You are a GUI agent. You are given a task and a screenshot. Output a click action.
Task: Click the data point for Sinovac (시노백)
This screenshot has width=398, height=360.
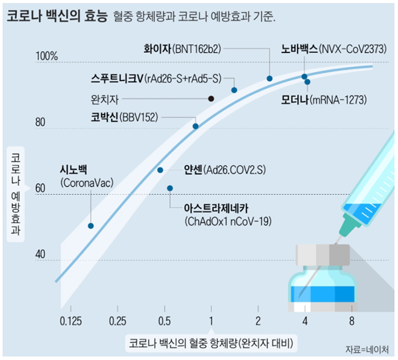(90, 226)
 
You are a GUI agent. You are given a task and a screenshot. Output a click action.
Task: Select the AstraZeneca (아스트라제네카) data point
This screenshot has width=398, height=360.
(170, 188)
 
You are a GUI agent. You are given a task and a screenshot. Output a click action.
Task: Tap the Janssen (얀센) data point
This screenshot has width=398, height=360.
(160, 170)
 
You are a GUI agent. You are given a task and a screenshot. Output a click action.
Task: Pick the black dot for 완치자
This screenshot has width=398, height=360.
(211, 98)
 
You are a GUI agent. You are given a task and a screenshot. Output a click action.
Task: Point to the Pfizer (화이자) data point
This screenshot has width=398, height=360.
(270, 78)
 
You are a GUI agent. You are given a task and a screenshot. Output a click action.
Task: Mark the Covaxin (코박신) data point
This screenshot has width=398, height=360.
(196, 126)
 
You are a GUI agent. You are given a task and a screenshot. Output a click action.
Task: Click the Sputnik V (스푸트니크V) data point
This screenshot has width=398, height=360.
(234, 90)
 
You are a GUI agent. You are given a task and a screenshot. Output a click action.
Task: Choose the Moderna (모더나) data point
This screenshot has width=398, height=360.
(308, 82)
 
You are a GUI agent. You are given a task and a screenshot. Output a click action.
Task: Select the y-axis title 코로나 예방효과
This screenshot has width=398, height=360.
(15, 193)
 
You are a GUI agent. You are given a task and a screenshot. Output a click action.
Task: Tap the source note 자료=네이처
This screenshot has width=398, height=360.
(371, 349)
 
